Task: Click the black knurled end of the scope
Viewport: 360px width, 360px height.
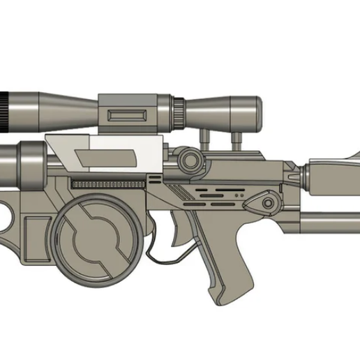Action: (x=3, y=111)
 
